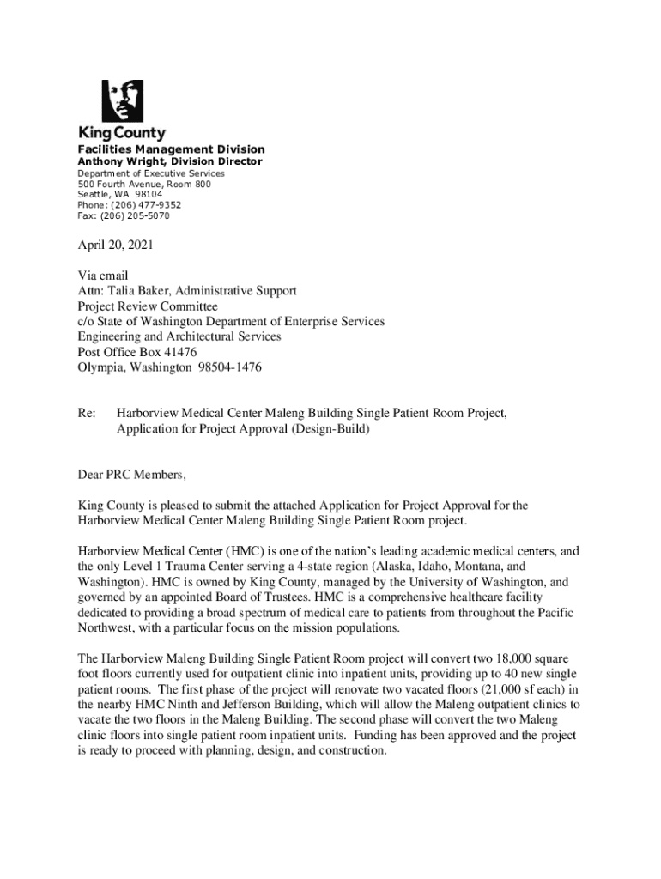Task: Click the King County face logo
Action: click(x=122, y=101)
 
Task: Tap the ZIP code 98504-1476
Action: click(x=229, y=367)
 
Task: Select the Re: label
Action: click(x=86, y=414)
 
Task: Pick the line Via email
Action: click(x=103, y=276)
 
